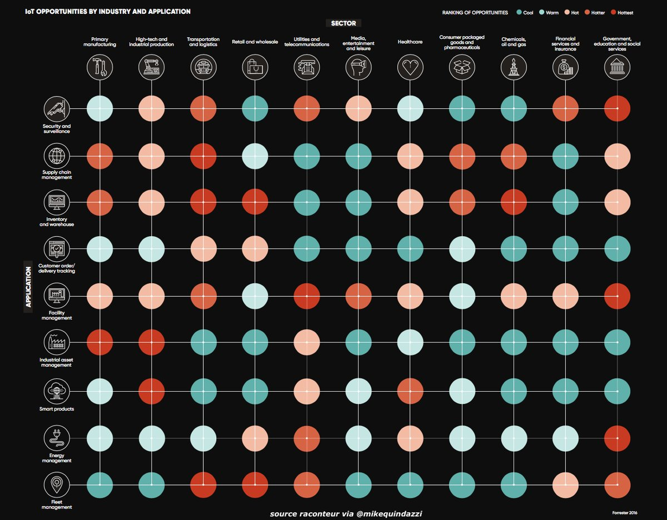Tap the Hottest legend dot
(613, 12)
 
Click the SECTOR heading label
(344, 23)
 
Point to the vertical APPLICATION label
(28, 287)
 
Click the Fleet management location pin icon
(57, 484)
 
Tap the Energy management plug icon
(57, 437)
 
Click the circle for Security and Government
(617, 109)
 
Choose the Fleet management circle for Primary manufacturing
(100, 484)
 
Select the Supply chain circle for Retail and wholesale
(256, 156)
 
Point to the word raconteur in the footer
(320, 514)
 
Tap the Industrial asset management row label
(56, 362)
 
